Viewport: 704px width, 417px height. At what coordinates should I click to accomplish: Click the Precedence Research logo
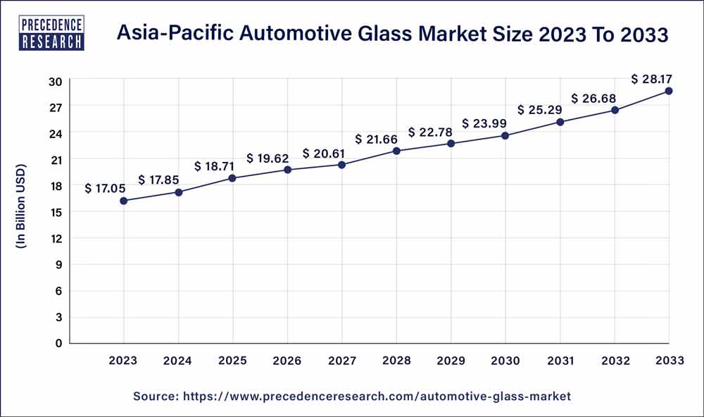click(x=54, y=33)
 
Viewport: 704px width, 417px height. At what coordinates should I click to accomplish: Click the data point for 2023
click(x=124, y=201)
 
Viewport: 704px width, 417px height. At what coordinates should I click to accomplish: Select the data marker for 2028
click(x=396, y=151)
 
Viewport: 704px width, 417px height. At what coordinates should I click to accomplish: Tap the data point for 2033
click(x=669, y=91)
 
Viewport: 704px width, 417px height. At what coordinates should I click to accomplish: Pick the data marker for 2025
click(x=233, y=178)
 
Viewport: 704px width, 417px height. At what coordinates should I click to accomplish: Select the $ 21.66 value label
click(x=378, y=139)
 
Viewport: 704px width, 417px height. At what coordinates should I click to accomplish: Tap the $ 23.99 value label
click(x=485, y=123)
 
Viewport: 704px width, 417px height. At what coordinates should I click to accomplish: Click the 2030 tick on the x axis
click(x=505, y=361)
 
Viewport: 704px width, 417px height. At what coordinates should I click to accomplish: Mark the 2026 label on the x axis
click(x=287, y=361)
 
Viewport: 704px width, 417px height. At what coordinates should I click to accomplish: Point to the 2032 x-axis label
click(x=615, y=361)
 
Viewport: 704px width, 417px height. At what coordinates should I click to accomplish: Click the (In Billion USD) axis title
click(x=20, y=208)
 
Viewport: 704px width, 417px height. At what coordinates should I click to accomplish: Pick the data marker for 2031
click(x=560, y=122)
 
